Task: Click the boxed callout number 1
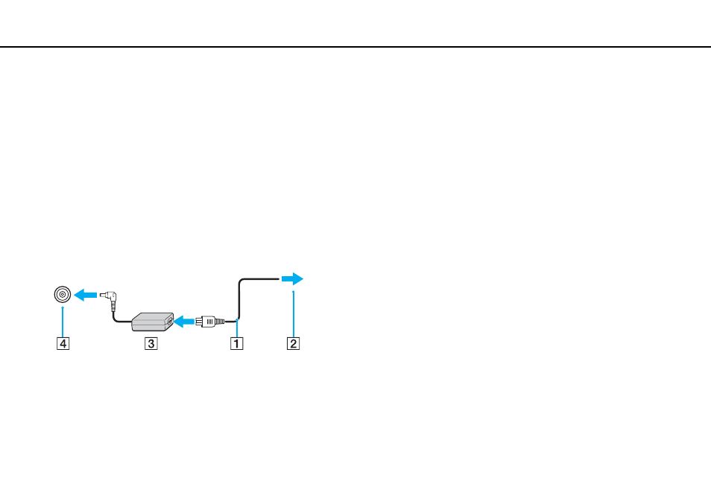click(x=237, y=343)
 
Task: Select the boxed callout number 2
click(x=294, y=343)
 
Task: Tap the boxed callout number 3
click(x=151, y=343)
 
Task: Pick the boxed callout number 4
click(x=63, y=343)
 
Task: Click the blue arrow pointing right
click(x=292, y=279)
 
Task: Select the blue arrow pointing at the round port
click(x=85, y=296)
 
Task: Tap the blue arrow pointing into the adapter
click(x=185, y=322)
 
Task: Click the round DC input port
click(x=63, y=295)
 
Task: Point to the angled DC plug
click(x=110, y=299)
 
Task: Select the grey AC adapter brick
click(x=152, y=322)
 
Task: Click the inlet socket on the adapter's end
click(x=170, y=322)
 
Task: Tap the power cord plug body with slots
click(x=207, y=321)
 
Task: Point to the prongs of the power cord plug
click(x=198, y=322)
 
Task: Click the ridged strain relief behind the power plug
click(x=219, y=321)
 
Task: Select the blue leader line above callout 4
click(x=63, y=322)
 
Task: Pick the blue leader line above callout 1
click(x=237, y=328)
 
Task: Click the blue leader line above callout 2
click(x=294, y=314)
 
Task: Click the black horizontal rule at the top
click(x=355, y=47)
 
